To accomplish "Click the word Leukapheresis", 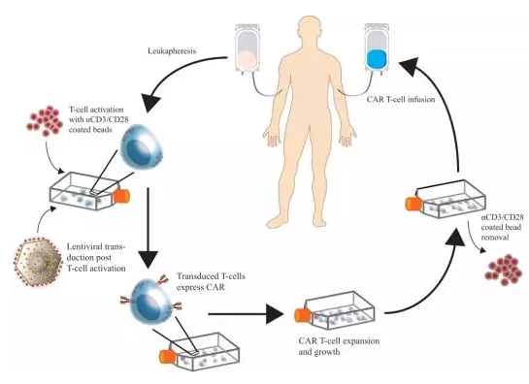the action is pos(172,50).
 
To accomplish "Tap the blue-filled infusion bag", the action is pos(377,49).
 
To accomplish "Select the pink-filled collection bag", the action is pos(248,49).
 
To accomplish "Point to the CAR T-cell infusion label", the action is pos(401,100).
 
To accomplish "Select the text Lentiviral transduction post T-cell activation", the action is pos(96,258).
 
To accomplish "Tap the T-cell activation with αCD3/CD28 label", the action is pos(96,119).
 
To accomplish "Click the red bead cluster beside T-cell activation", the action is pos(45,121).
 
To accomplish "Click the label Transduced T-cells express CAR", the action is pos(211,281).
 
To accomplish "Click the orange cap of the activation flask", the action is pos(121,197).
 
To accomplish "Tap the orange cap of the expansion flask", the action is pos(303,315).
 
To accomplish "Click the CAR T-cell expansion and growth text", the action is pos(339,346).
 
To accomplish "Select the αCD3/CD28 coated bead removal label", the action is pos(501,227).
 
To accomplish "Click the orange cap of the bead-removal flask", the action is pos(413,204).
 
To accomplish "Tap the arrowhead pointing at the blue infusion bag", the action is pos(410,67).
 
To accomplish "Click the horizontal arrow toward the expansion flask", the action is pos(246,314).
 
